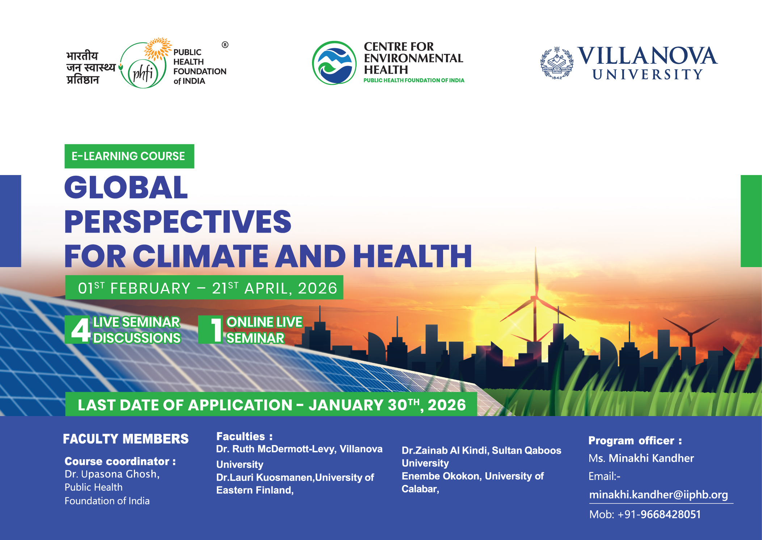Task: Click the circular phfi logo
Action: point(143,65)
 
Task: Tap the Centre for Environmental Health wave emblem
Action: point(334,63)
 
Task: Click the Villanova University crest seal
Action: point(557,63)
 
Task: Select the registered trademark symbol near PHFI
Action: point(225,45)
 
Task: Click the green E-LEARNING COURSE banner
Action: point(129,156)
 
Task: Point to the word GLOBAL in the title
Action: point(126,187)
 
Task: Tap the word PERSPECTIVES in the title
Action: point(178,221)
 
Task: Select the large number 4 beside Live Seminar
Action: point(80,330)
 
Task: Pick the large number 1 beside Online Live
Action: point(216,330)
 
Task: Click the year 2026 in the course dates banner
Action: point(317,288)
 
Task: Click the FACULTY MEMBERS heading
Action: point(126,439)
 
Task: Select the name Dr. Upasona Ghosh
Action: point(112,474)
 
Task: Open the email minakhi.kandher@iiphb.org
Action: point(658,495)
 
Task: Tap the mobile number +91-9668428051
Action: point(659,514)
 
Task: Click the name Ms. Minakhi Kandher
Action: point(641,458)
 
